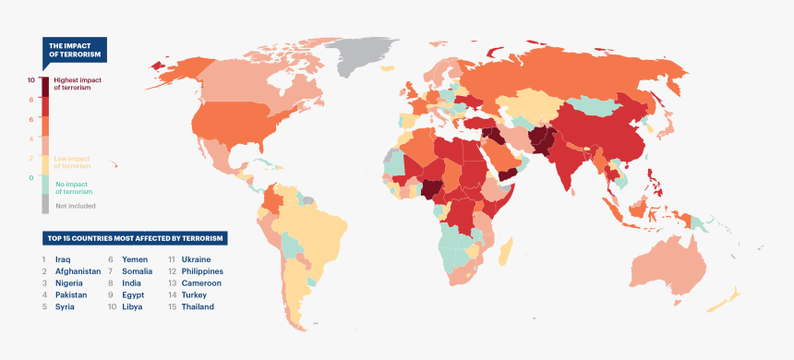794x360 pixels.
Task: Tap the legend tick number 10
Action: coord(31,80)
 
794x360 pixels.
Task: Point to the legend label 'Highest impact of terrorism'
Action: coord(78,84)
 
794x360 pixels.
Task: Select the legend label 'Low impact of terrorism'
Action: coord(73,162)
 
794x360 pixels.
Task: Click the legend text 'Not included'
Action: coord(75,206)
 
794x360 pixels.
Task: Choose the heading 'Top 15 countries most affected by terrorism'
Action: coord(135,238)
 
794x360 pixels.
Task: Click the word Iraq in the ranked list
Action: coord(63,260)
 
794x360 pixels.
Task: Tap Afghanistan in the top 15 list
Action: coord(78,271)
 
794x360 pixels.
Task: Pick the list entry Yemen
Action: coord(135,260)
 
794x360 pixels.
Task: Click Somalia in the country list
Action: coord(138,271)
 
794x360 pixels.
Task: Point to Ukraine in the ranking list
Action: coord(196,260)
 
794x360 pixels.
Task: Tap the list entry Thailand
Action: coord(198,306)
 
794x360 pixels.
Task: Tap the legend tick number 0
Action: coord(31,177)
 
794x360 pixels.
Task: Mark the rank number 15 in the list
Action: coord(172,306)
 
